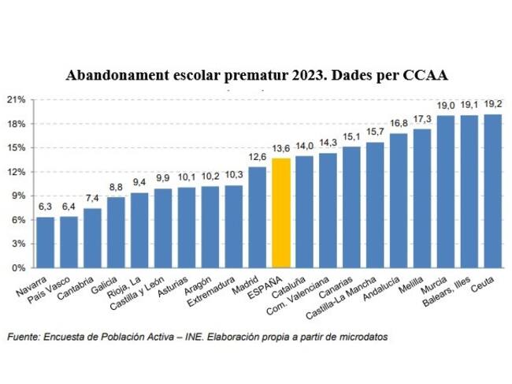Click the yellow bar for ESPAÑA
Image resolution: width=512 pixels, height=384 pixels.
(280, 213)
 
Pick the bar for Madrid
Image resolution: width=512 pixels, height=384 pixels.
(258, 217)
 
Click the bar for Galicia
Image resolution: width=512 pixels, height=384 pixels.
(116, 232)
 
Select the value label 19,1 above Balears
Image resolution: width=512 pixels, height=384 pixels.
(469, 104)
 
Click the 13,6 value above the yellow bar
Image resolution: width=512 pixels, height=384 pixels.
(281, 148)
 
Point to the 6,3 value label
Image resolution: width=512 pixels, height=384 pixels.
(46, 207)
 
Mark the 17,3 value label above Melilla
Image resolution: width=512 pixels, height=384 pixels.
(422, 118)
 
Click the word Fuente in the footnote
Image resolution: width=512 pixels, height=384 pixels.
(24, 337)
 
